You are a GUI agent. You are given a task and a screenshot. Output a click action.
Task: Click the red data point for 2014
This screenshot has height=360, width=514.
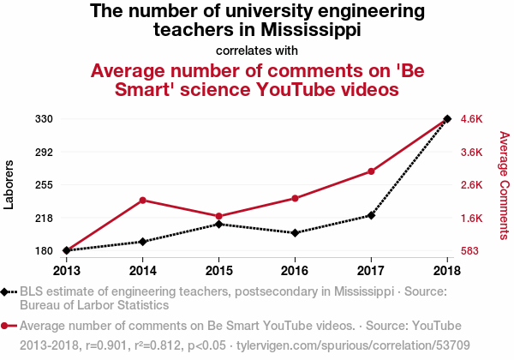click(x=142, y=201)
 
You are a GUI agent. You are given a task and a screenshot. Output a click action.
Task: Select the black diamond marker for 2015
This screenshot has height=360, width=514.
click(x=219, y=225)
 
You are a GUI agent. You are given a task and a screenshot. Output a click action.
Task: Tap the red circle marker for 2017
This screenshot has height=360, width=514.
click(x=371, y=171)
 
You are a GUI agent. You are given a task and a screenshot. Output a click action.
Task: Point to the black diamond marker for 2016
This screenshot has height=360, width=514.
click(x=295, y=233)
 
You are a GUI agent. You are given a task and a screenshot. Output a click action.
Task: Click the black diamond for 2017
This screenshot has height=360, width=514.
click(x=371, y=215)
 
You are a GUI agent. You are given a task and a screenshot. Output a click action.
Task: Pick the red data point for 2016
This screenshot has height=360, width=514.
click(x=295, y=198)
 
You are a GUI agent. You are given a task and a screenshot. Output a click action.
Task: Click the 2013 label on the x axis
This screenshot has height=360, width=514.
click(x=67, y=271)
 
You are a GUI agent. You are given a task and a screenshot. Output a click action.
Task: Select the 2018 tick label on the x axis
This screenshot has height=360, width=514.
click(x=447, y=271)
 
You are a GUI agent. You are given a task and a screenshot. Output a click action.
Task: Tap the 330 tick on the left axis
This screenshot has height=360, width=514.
click(x=44, y=118)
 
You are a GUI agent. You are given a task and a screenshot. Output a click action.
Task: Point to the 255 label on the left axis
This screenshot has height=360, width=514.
click(x=44, y=185)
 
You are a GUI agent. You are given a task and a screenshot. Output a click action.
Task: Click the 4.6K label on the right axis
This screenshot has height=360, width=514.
click(x=471, y=118)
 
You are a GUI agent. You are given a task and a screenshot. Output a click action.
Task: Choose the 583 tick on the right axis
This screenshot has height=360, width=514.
click(x=469, y=251)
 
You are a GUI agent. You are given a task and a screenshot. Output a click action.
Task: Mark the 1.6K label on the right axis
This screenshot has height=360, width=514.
click(x=471, y=218)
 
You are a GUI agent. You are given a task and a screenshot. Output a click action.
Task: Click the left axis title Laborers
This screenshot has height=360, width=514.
click(x=9, y=184)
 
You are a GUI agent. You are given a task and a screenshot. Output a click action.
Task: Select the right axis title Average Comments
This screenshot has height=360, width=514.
click(x=505, y=185)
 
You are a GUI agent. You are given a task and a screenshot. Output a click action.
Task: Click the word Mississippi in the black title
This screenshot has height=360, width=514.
click(x=311, y=29)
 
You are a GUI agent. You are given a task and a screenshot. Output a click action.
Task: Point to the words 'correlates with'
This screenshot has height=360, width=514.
click(x=257, y=51)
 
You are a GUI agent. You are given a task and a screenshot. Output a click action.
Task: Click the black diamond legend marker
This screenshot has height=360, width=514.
click(x=4, y=291)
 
